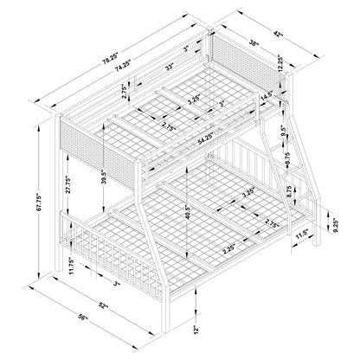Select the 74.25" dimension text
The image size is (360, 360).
pos(123,67)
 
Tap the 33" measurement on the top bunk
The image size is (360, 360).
pos(169,67)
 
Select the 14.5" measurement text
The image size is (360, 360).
pos(267,98)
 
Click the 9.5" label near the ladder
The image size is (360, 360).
pos(284,132)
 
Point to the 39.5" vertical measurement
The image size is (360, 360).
pos(104,177)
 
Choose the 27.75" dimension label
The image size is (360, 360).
pos(67,184)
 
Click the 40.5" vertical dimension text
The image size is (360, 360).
pos(189,212)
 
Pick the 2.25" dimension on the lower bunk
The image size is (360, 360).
pos(229,249)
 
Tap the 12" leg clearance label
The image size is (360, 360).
pos(196,329)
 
